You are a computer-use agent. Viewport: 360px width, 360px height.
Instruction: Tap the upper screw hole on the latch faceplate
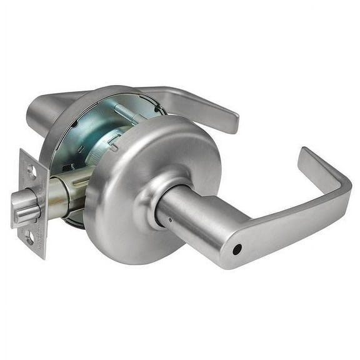point(30,171)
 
